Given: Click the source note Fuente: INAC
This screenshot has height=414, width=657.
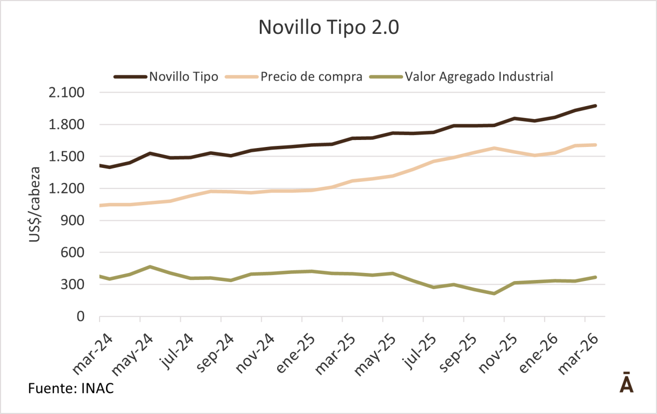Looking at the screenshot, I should coord(71,388).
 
